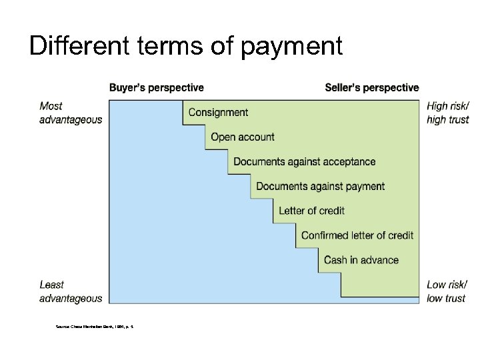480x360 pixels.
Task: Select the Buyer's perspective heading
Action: pos(157,87)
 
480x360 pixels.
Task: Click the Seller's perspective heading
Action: pos(372,87)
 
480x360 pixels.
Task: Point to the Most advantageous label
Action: pos(71,113)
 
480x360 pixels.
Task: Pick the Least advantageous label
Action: pos(71,291)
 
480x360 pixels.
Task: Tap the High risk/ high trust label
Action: pos(447,113)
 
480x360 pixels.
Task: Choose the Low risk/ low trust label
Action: pos(446,291)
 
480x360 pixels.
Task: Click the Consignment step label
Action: pos(218,112)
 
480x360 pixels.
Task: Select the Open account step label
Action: pos(243,137)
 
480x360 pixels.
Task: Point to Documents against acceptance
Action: pos(305,161)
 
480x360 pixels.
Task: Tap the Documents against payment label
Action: pos(321,186)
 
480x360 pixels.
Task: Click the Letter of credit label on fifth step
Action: pos(311,211)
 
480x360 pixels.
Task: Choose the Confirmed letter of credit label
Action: pos(357,235)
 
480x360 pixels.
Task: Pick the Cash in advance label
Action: pos(361,260)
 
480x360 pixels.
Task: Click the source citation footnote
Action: pos(95,326)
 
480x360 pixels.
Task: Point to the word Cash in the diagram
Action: pos(335,260)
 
